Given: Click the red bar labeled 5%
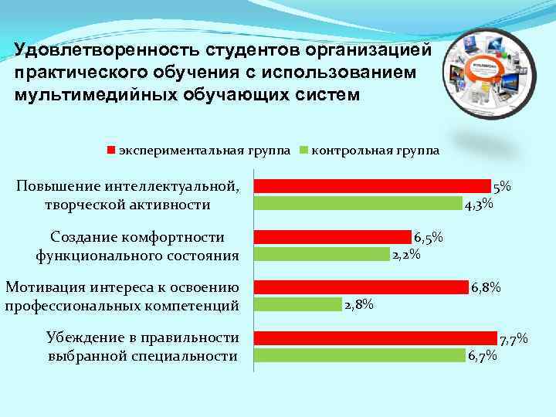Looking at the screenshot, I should coord(372,185).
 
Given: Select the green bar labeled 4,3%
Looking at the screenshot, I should coord(358,203).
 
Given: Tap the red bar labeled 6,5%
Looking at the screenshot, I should coord(333,236).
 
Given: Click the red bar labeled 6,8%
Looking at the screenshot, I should coord(361,287).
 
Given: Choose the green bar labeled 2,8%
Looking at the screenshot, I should coord(298,304).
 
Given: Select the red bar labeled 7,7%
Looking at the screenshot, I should coord(375,337).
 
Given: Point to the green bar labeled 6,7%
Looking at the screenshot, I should coord(360,355).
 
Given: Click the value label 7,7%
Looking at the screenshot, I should coord(514,339).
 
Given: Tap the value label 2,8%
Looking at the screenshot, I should coord(359,305).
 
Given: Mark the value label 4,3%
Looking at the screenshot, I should coord(480,205).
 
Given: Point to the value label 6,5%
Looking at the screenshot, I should coord(429,239).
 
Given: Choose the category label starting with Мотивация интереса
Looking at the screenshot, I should coord(122,296).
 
